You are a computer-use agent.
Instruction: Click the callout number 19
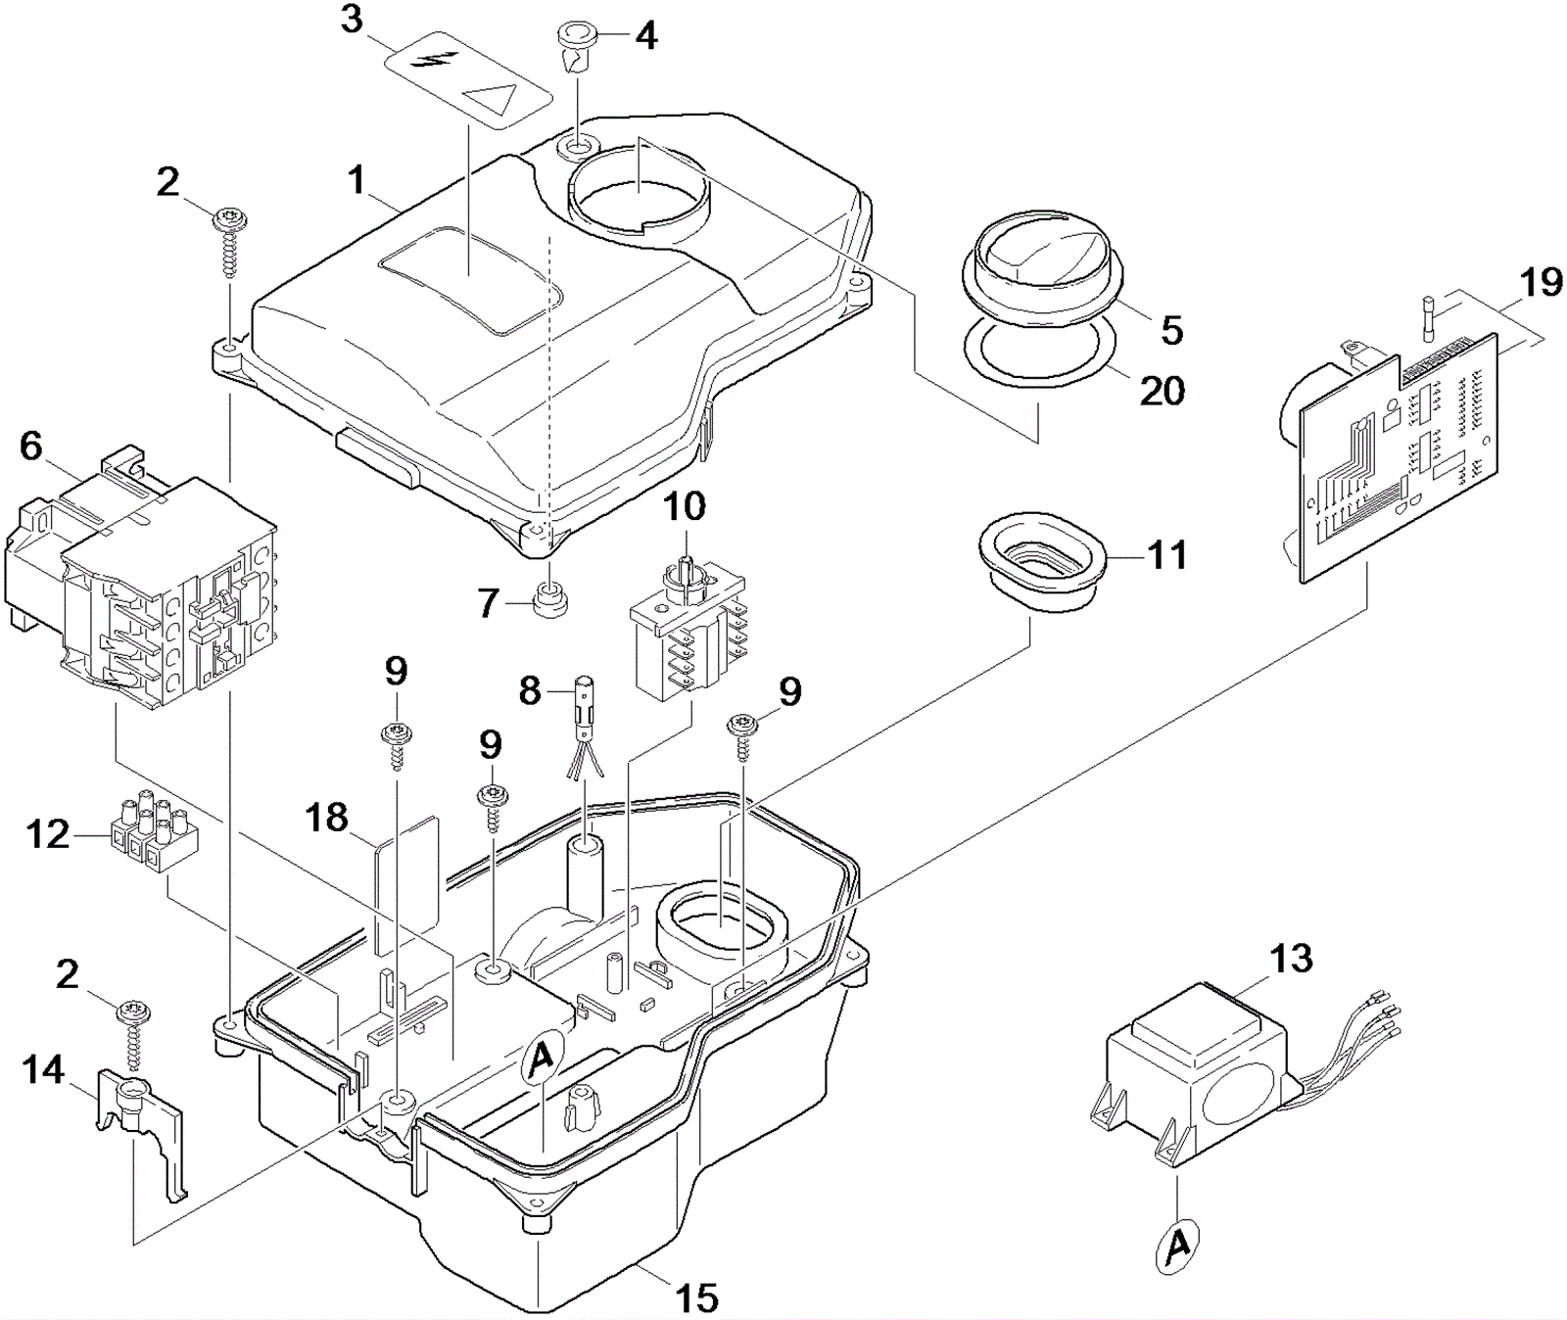coord(1542,283)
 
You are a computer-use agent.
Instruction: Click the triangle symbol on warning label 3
coord(491,100)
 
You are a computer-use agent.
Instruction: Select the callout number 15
coord(696,1297)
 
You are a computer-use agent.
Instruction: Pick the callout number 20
coord(1163,391)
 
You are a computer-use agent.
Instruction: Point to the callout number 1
coord(356,180)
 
